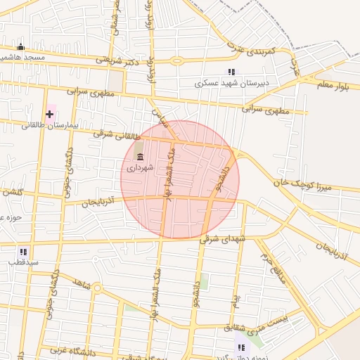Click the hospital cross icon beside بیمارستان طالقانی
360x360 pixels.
coord(49,114)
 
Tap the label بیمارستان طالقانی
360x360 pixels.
coord(27,125)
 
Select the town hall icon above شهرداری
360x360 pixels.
coord(140,157)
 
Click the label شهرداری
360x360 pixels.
coord(139,168)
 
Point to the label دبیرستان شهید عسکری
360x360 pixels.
coord(232,83)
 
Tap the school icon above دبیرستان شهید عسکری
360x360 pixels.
coord(231,72)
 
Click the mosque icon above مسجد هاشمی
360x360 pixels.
coord(20,46)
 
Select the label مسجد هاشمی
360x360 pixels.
coord(22,57)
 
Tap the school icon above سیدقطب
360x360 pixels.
coord(24,251)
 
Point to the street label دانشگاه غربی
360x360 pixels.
coord(72,349)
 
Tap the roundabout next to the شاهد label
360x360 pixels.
coord(97,289)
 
